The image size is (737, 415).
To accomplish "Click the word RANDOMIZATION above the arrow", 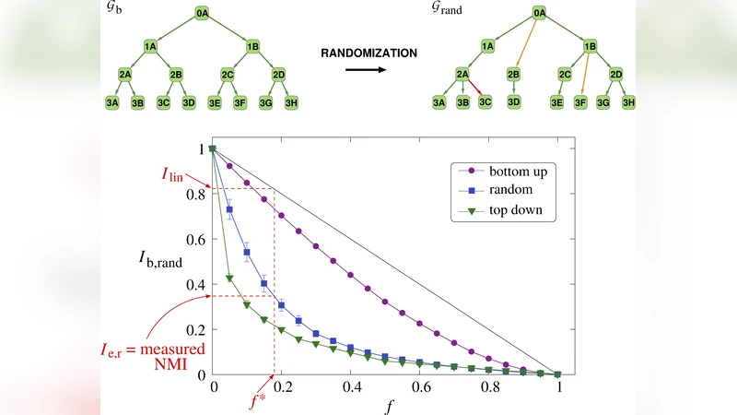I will (368, 53).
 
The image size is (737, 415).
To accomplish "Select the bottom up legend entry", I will (502, 171).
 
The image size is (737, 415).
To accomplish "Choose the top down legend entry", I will (502, 209).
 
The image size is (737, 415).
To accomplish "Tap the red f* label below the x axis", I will (261, 401).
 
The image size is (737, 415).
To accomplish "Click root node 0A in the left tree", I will (205, 15).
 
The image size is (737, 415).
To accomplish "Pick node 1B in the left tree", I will (253, 44).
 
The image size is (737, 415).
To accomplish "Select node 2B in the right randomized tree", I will (514, 73).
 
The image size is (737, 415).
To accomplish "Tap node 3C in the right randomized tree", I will (486, 102).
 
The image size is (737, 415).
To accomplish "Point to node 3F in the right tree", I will (582, 102).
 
